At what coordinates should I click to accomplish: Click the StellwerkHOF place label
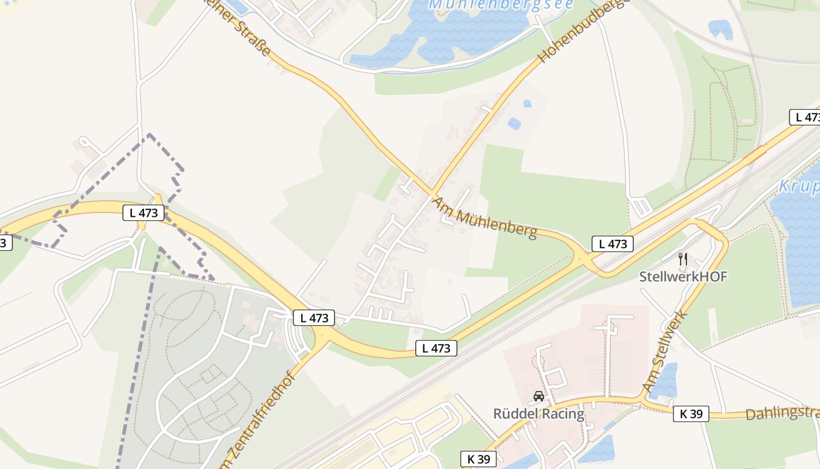pos(683,277)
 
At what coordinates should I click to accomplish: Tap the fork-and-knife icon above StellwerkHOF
pos(682,259)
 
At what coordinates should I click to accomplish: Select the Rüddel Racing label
pos(538,414)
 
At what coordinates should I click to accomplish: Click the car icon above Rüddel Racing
pos(538,396)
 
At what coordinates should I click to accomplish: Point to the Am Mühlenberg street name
pos(484,217)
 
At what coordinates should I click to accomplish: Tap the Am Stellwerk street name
pos(665,352)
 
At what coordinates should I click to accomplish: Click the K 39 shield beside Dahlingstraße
pos(691,414)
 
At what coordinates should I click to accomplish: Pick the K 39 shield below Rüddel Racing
pos(479,459)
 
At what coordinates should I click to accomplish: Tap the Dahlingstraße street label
pos(782,413)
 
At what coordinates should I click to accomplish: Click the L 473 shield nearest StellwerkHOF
pos(613,244)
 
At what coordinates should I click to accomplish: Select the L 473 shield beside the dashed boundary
pos(143,213)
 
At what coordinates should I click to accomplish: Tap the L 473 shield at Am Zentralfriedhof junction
pos(314,318)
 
